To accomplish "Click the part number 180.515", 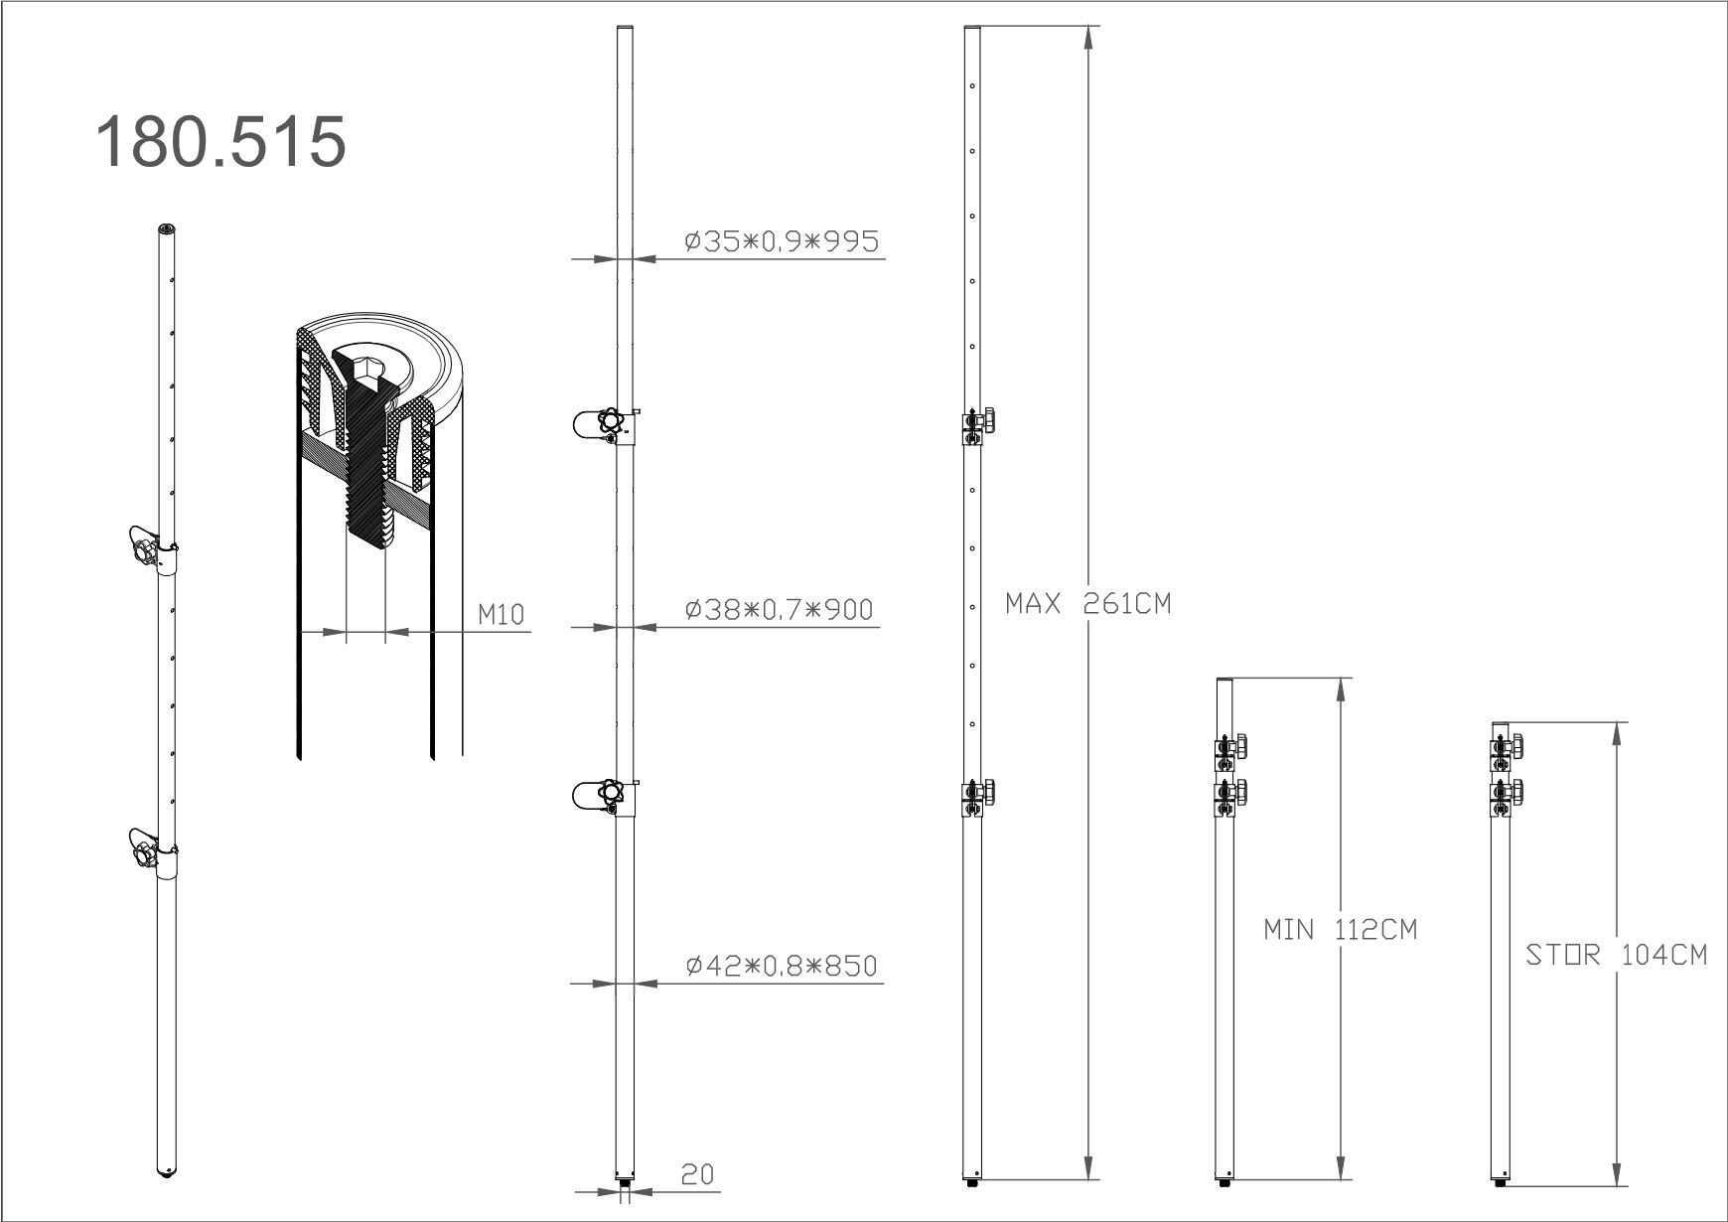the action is coord(220,140).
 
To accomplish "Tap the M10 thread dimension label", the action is coord(501,615).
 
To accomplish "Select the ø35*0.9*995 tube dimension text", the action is coord(782,241).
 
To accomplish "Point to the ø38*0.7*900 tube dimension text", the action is coord(779,609).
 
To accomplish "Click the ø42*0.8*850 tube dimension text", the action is coord(782,965).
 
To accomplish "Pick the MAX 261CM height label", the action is coord(1088,603).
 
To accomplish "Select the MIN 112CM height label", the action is coord(1341,930).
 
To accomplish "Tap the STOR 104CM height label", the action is coord(1616,955).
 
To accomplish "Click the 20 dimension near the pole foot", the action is coord(697,1174).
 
